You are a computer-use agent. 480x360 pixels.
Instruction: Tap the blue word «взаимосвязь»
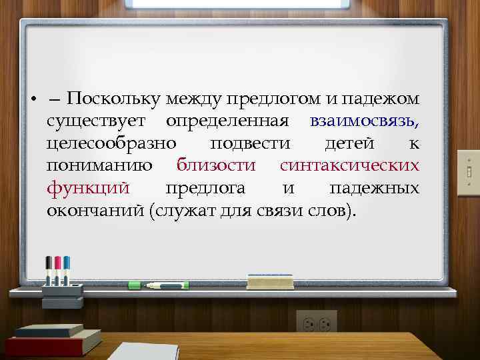click(363, 122)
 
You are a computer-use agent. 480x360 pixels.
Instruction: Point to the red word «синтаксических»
click(349, 166)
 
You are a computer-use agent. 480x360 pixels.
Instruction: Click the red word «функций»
click(88, 189)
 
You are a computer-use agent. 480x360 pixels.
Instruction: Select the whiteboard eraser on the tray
click(269, 281)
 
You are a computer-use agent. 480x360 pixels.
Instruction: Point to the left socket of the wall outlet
click(309, 325)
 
